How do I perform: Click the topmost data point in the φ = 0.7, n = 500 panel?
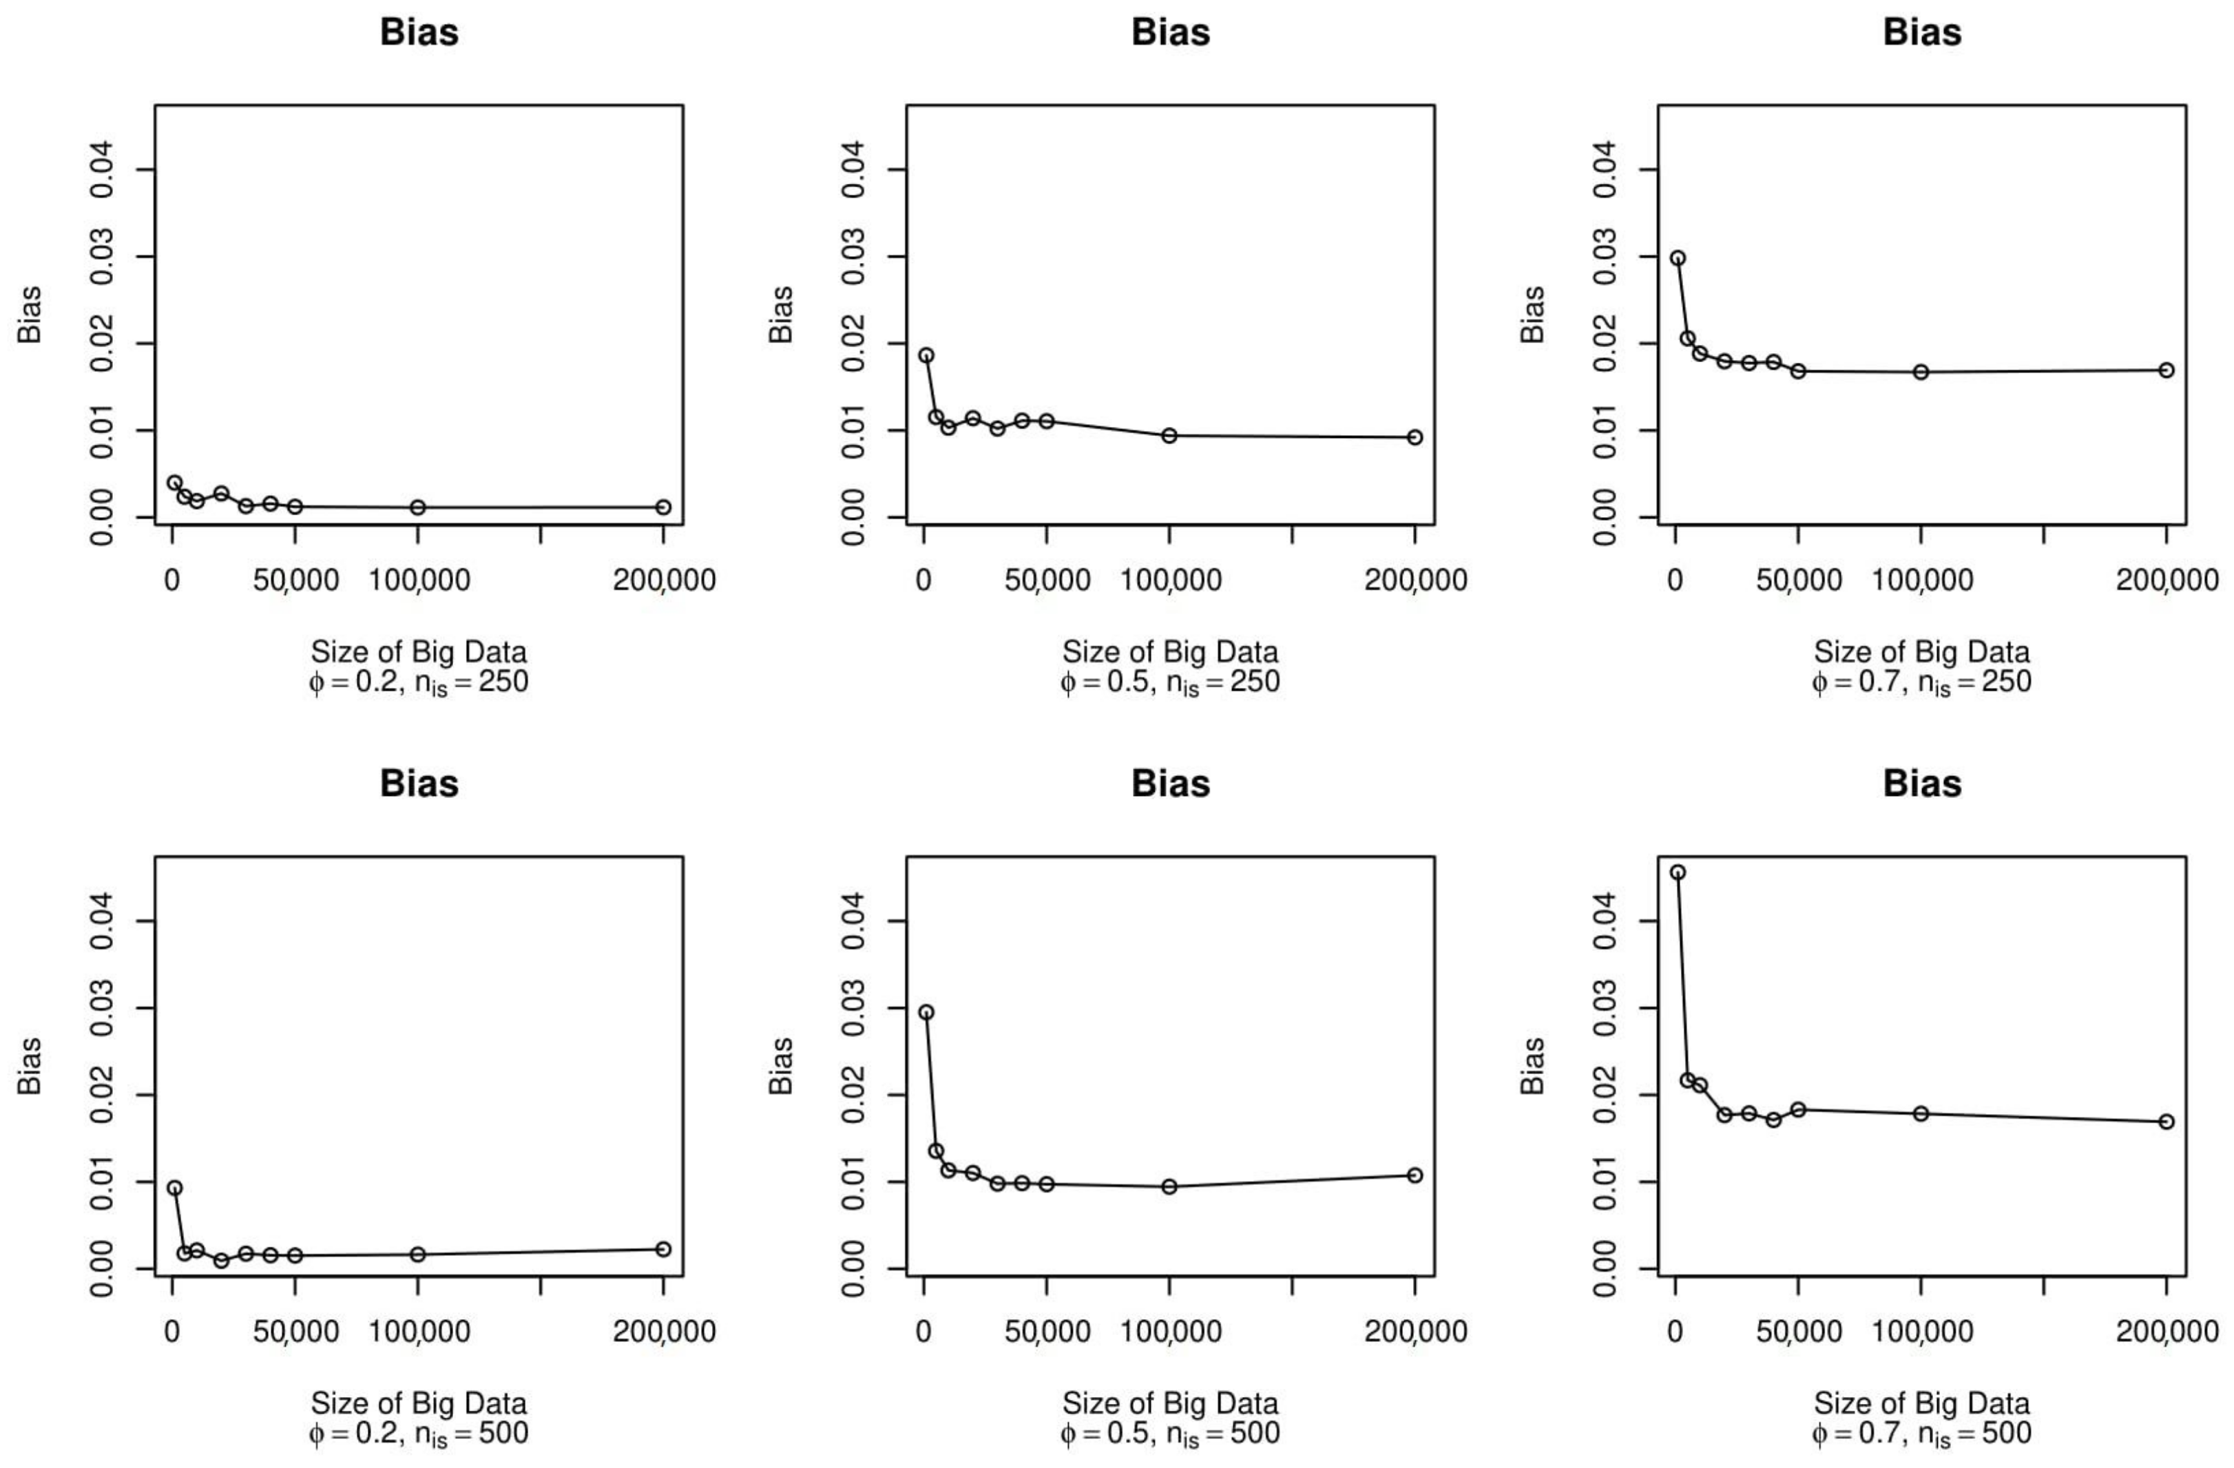(x=1678, y=872)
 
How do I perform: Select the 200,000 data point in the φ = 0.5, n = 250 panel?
(x=1414, y=437)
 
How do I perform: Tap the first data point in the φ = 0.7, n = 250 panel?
(x=1678, y=258)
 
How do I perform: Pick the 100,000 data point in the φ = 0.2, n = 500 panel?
(x=418, y=1254)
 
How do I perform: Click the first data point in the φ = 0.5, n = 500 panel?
(x=926, y=1011)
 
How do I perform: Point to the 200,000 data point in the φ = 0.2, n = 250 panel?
(x=662, y=507)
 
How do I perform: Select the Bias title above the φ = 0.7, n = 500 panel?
(x=1921, y=784)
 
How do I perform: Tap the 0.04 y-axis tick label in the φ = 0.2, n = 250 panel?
(x=101, y=170)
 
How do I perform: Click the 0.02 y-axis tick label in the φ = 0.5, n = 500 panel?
(x=853, y=1095)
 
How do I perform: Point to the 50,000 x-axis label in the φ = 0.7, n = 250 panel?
(x=1799, y=580)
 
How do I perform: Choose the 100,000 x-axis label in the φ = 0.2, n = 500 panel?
(x=419, y=1331)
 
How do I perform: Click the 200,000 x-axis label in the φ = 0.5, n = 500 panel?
(x=1414, y=1331)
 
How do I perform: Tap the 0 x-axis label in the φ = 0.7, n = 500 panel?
(x=1675, y=1331)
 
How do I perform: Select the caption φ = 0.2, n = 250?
(x=419, y=682)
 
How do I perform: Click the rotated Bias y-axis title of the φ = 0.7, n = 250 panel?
(x=1532, y=315)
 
